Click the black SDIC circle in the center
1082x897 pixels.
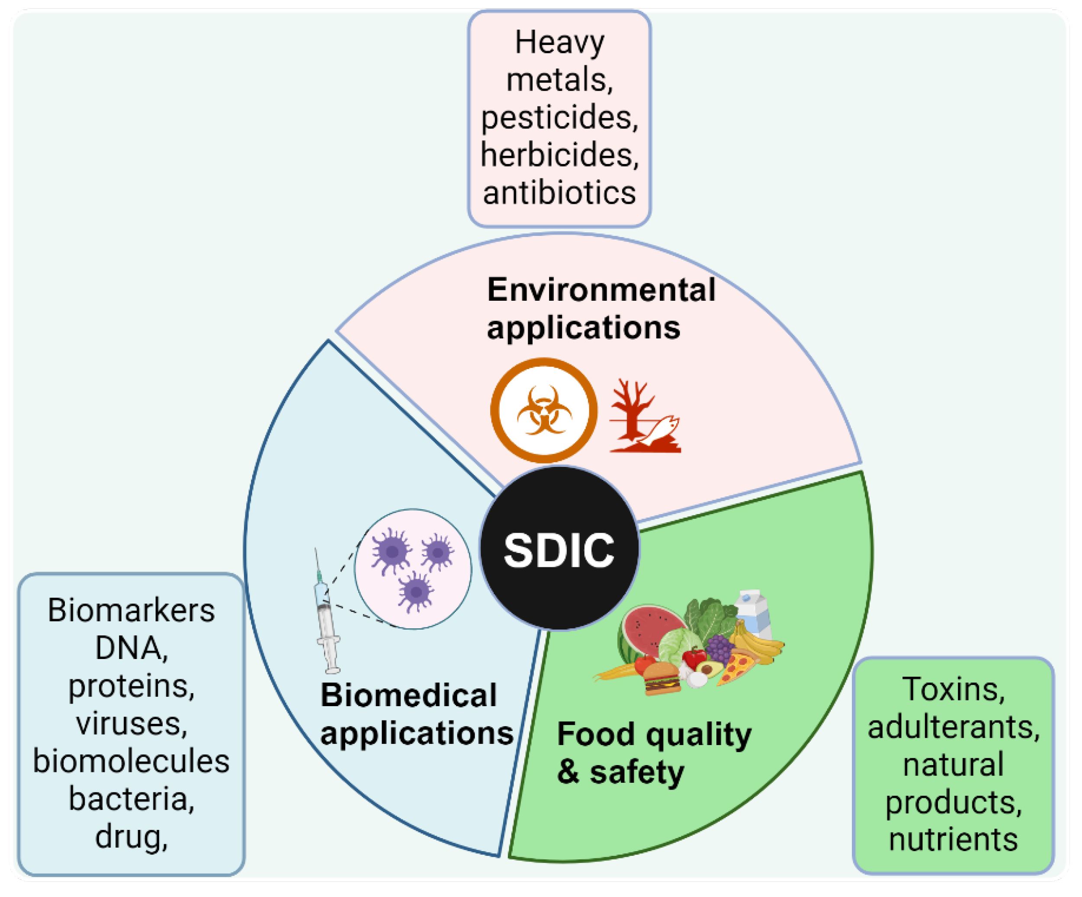[x=559, y=549]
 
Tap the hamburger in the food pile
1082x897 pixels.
[x=661, y=678]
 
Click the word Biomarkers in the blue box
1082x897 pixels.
[x=132, y=611]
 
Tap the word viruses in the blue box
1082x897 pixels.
[x=132, y=724]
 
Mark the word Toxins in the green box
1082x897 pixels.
[x=953, y=689]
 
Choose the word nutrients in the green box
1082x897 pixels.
[x=953, y=840]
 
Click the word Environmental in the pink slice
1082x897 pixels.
[x=601, y=289]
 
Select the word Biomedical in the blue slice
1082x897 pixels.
[x=408, y=695]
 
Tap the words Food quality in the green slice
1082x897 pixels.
[x=655, y=734]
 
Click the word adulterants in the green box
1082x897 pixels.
[x=953, y=727]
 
